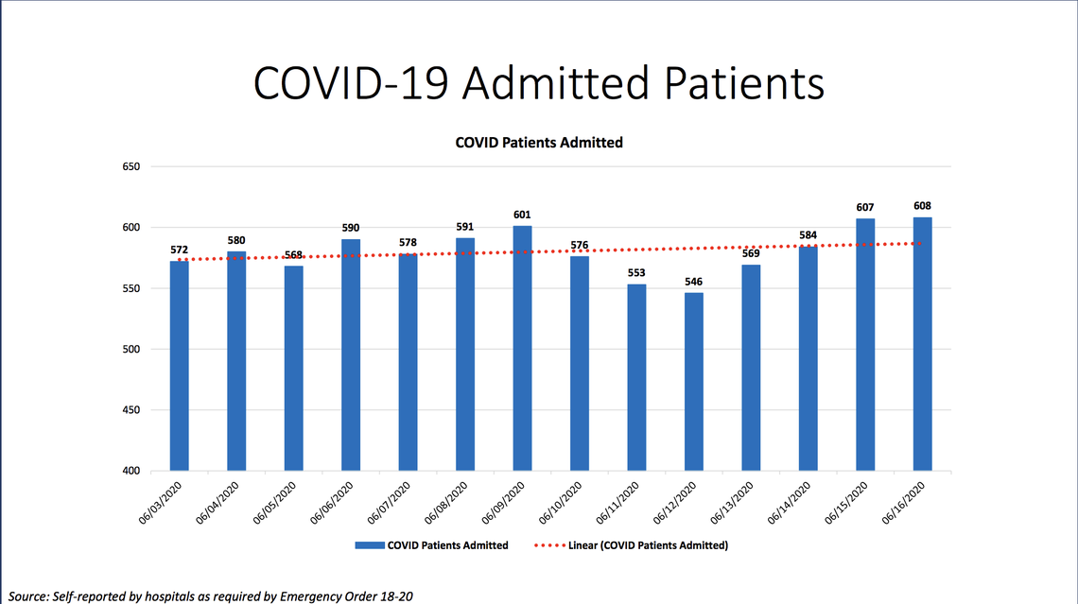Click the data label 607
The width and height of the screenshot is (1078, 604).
pos(865,207)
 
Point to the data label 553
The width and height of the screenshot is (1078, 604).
pos(636,273)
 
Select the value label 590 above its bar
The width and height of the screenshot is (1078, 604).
pos(350,228)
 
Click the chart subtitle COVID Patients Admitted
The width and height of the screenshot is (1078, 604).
pos(539,143)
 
